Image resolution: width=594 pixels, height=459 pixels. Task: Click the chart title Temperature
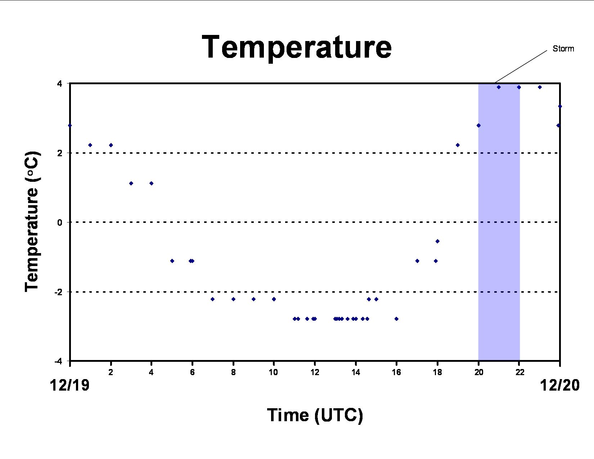point(297,48)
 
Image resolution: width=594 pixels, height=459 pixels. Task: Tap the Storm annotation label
point(563,49)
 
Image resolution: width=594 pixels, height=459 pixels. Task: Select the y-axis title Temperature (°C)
point(32,222)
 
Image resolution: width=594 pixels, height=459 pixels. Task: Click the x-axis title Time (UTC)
point(315,415)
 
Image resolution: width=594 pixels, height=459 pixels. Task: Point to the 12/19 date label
point(69,386)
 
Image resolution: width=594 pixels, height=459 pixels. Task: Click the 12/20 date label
point(559,386)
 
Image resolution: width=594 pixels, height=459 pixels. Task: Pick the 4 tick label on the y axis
point(59,84)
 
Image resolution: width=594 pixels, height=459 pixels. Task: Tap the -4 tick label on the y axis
point(58,361)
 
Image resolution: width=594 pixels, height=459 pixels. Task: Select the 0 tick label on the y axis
point(60,222)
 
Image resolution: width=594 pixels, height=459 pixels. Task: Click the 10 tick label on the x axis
point(273,372)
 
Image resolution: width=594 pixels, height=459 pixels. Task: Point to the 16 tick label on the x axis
point(396,372)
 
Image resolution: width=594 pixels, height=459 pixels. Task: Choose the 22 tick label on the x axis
point(519,372)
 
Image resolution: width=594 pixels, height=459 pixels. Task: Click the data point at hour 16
point(396,319)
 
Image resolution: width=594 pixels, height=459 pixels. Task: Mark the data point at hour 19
point(458,145)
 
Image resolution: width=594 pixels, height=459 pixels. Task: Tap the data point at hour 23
point(540,87)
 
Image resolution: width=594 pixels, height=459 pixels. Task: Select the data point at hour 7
point(213,299)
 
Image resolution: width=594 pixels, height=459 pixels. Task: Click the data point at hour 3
point(131,183)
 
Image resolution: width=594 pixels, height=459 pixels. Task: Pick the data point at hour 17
point(417,261)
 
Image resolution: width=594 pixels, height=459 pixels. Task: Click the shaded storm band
point(499,222)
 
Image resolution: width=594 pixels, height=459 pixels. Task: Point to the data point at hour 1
point(90,145)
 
